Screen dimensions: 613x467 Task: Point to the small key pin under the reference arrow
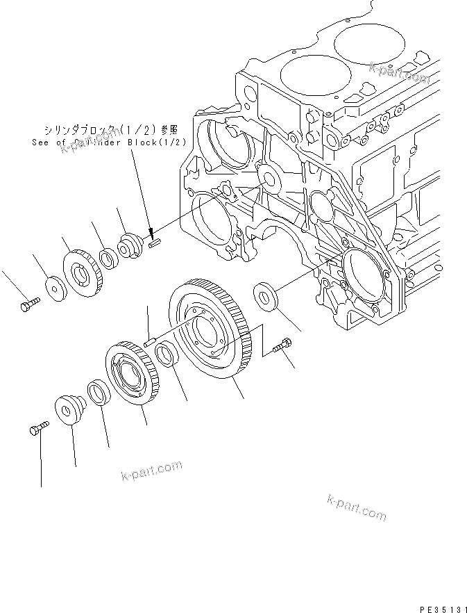point(154,243)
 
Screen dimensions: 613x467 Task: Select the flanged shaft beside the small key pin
point(131,246)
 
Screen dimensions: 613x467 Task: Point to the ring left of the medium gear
point(96,393)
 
